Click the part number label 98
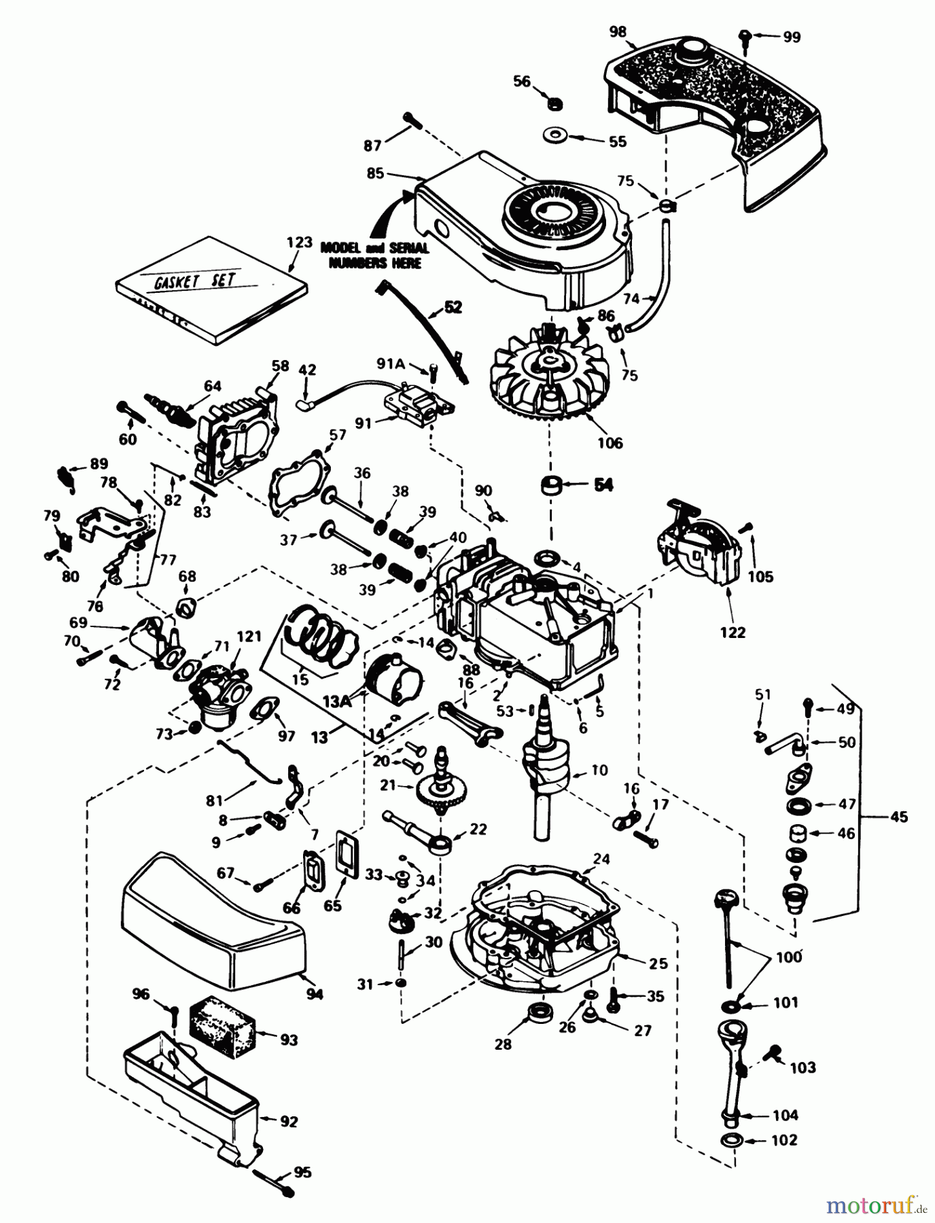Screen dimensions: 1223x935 click(618, 32)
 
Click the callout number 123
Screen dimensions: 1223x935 click(299, 243)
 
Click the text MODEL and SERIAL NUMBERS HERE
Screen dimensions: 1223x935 click(374, 255)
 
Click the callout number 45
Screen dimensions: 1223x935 click(898, 817)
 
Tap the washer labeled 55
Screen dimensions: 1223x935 click(556, 136)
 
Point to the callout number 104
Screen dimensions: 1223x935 click(786, 1115)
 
